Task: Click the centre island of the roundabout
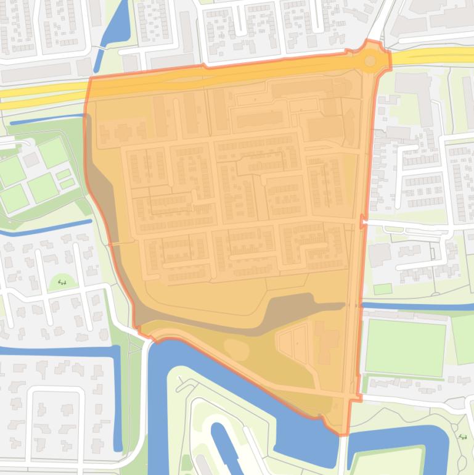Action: (370, 60)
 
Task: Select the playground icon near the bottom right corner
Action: (462, 437)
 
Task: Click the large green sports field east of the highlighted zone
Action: (405, 347)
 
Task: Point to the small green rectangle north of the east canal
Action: (382, 289)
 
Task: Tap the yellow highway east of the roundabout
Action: (431, 57)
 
